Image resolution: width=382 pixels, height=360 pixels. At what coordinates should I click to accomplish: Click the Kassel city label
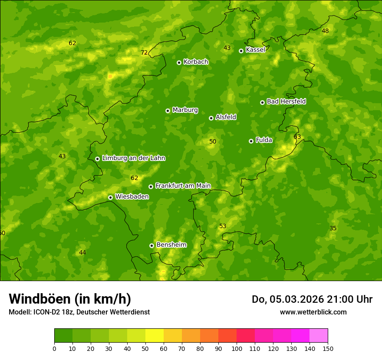tap(255, 50)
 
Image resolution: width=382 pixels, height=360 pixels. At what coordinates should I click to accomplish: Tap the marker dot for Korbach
tap(179, 62)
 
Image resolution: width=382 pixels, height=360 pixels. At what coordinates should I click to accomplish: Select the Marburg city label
tap(185, 110)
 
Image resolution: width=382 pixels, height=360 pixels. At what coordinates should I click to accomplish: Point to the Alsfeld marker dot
tap(211, 118)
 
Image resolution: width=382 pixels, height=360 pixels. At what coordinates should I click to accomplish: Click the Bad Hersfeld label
tap(286, 101)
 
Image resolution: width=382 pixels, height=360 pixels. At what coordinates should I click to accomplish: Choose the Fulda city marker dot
tap(251, 141)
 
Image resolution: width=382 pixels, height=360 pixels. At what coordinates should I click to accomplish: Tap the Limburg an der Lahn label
tap(133, 158)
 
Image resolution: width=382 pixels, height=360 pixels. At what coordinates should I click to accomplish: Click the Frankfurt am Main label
tap(183, 186)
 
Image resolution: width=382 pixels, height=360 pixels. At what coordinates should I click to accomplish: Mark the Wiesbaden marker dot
tap(110, 197)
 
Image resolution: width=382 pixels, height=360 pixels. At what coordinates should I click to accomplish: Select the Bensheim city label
tap(171, 245)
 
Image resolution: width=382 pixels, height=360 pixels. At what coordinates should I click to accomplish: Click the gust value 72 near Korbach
tap(144, 53)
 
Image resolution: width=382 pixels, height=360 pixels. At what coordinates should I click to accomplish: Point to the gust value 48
tap(325, 31)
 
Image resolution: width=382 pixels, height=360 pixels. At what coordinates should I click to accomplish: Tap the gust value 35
tap(333, 229)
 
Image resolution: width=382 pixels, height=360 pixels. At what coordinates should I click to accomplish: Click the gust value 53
tap(223, 226)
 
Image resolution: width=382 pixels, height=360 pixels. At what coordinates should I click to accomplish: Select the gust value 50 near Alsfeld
tap(213, 142)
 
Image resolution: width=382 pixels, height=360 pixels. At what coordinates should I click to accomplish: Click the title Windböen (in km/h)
tap(70, 299)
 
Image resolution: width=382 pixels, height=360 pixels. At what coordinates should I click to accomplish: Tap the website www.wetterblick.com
tap(313, 312)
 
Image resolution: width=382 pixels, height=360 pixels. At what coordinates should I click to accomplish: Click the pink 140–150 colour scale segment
tap(319, 335)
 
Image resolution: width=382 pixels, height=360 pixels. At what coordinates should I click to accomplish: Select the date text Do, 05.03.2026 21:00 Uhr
tap(312, 299)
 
